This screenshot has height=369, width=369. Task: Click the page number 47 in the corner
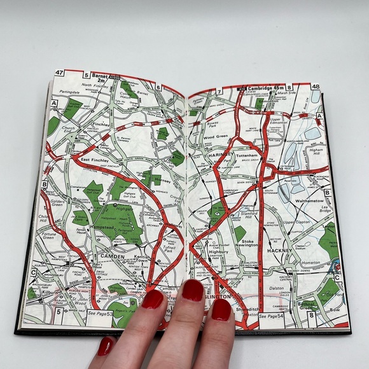tap(60, 73)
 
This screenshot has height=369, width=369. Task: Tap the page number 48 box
tap(316, 87)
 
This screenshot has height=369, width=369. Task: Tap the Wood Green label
tap(217, 136)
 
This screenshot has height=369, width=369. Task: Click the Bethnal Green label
tap(310, 306)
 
